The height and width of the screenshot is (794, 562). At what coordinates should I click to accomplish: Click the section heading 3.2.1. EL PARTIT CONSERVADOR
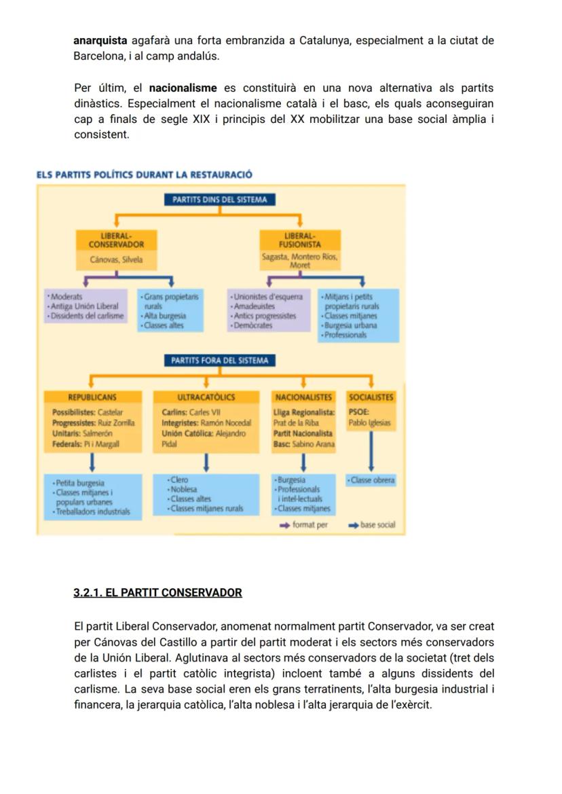click(x=157, y=592)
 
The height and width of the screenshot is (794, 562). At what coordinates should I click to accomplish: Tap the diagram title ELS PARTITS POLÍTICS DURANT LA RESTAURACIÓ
click(x=144, y=175)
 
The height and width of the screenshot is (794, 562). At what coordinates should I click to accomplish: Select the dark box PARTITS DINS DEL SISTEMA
click(x=219, y=200)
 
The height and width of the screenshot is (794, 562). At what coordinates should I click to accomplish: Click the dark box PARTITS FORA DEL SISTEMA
click(x=219, y=361)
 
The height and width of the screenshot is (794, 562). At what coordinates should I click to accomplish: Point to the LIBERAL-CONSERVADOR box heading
click(x=116, y=240)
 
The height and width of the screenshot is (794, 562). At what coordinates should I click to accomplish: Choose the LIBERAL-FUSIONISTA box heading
click(x=299, y=240)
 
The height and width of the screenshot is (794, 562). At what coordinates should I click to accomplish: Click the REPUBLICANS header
click(x=92, y=397)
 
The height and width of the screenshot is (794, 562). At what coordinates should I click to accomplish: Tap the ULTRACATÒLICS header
click(x=206, y=397)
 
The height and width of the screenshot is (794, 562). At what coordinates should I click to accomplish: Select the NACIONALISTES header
click(x=303, y=397)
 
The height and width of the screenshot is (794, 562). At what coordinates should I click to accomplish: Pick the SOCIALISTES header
click(x=371, y=397)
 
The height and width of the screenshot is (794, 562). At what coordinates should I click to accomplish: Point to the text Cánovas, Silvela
click(x=116, y=259)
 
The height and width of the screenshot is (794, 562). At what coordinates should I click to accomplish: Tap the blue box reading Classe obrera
click(x=371, y=480)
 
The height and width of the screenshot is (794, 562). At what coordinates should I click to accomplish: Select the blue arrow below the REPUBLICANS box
click(x=92, y=463)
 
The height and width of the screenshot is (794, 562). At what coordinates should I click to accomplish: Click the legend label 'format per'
click(x=310, y=525)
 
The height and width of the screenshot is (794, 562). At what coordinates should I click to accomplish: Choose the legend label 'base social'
click(x=377, y=525)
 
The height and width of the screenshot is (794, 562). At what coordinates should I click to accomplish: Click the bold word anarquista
click(x=100, y=41)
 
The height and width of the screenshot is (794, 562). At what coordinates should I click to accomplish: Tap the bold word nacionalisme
click(x=183, y=88)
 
